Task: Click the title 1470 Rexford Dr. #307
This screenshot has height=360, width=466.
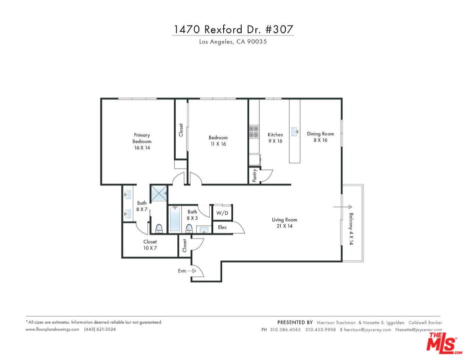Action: (233, 29)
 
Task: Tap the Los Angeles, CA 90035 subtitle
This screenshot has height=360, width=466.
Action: (233, 42)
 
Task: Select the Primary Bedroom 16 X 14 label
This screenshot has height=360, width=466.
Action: (141, 141)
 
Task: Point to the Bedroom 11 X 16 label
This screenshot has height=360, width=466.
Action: (218, 140)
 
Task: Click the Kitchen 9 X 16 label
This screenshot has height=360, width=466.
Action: (275, 137)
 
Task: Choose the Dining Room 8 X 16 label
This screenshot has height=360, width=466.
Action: (320, 136)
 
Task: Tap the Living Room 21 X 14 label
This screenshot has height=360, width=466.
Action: (285, 223)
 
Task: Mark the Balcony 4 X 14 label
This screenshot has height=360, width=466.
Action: (351, 228)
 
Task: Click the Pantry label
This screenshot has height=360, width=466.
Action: (255, 175)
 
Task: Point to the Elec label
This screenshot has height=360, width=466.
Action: (222, 227)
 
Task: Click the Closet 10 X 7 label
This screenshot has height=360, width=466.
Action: (150, 245)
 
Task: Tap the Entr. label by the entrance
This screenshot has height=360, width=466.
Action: (183, 271)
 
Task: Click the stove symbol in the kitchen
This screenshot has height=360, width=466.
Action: (253, 131)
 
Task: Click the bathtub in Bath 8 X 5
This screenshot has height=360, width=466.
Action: (175, 220)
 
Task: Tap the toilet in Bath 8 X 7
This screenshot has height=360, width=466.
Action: (159, 228)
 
